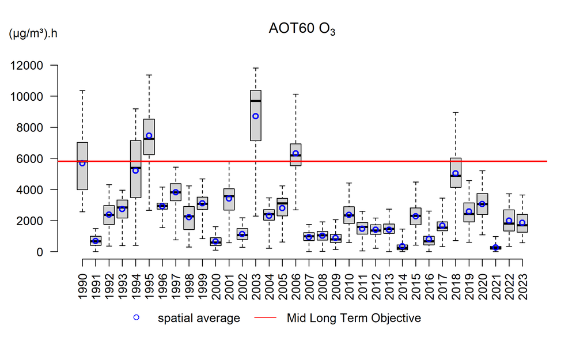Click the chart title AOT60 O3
[301, 29]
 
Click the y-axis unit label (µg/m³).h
[33, 33]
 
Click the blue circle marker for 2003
[255, 116]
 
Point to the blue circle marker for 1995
[149, 136]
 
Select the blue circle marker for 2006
[295, 154]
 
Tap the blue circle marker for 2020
[482, 204]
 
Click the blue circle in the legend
[137, 318]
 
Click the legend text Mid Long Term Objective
[354, 318]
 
